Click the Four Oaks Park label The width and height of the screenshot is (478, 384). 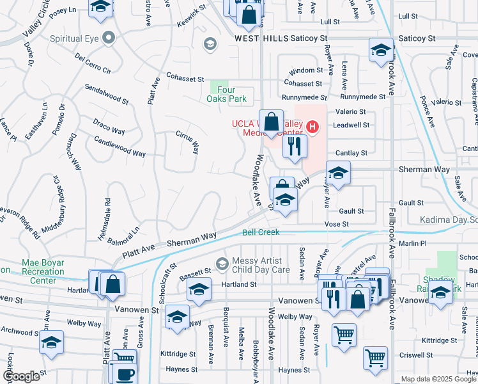(x=227, y=94)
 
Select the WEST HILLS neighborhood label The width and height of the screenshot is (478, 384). (x=259, y=39)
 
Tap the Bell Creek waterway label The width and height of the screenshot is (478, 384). (x=260, y=232)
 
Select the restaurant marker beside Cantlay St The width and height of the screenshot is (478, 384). (x=295, y=147)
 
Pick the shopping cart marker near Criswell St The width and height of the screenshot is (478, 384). (x=375, y=358)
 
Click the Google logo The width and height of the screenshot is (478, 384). (x=20, y=376)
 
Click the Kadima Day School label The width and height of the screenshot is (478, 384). (x=449, y=220)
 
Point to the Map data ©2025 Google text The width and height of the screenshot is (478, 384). (x=438, y=379)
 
